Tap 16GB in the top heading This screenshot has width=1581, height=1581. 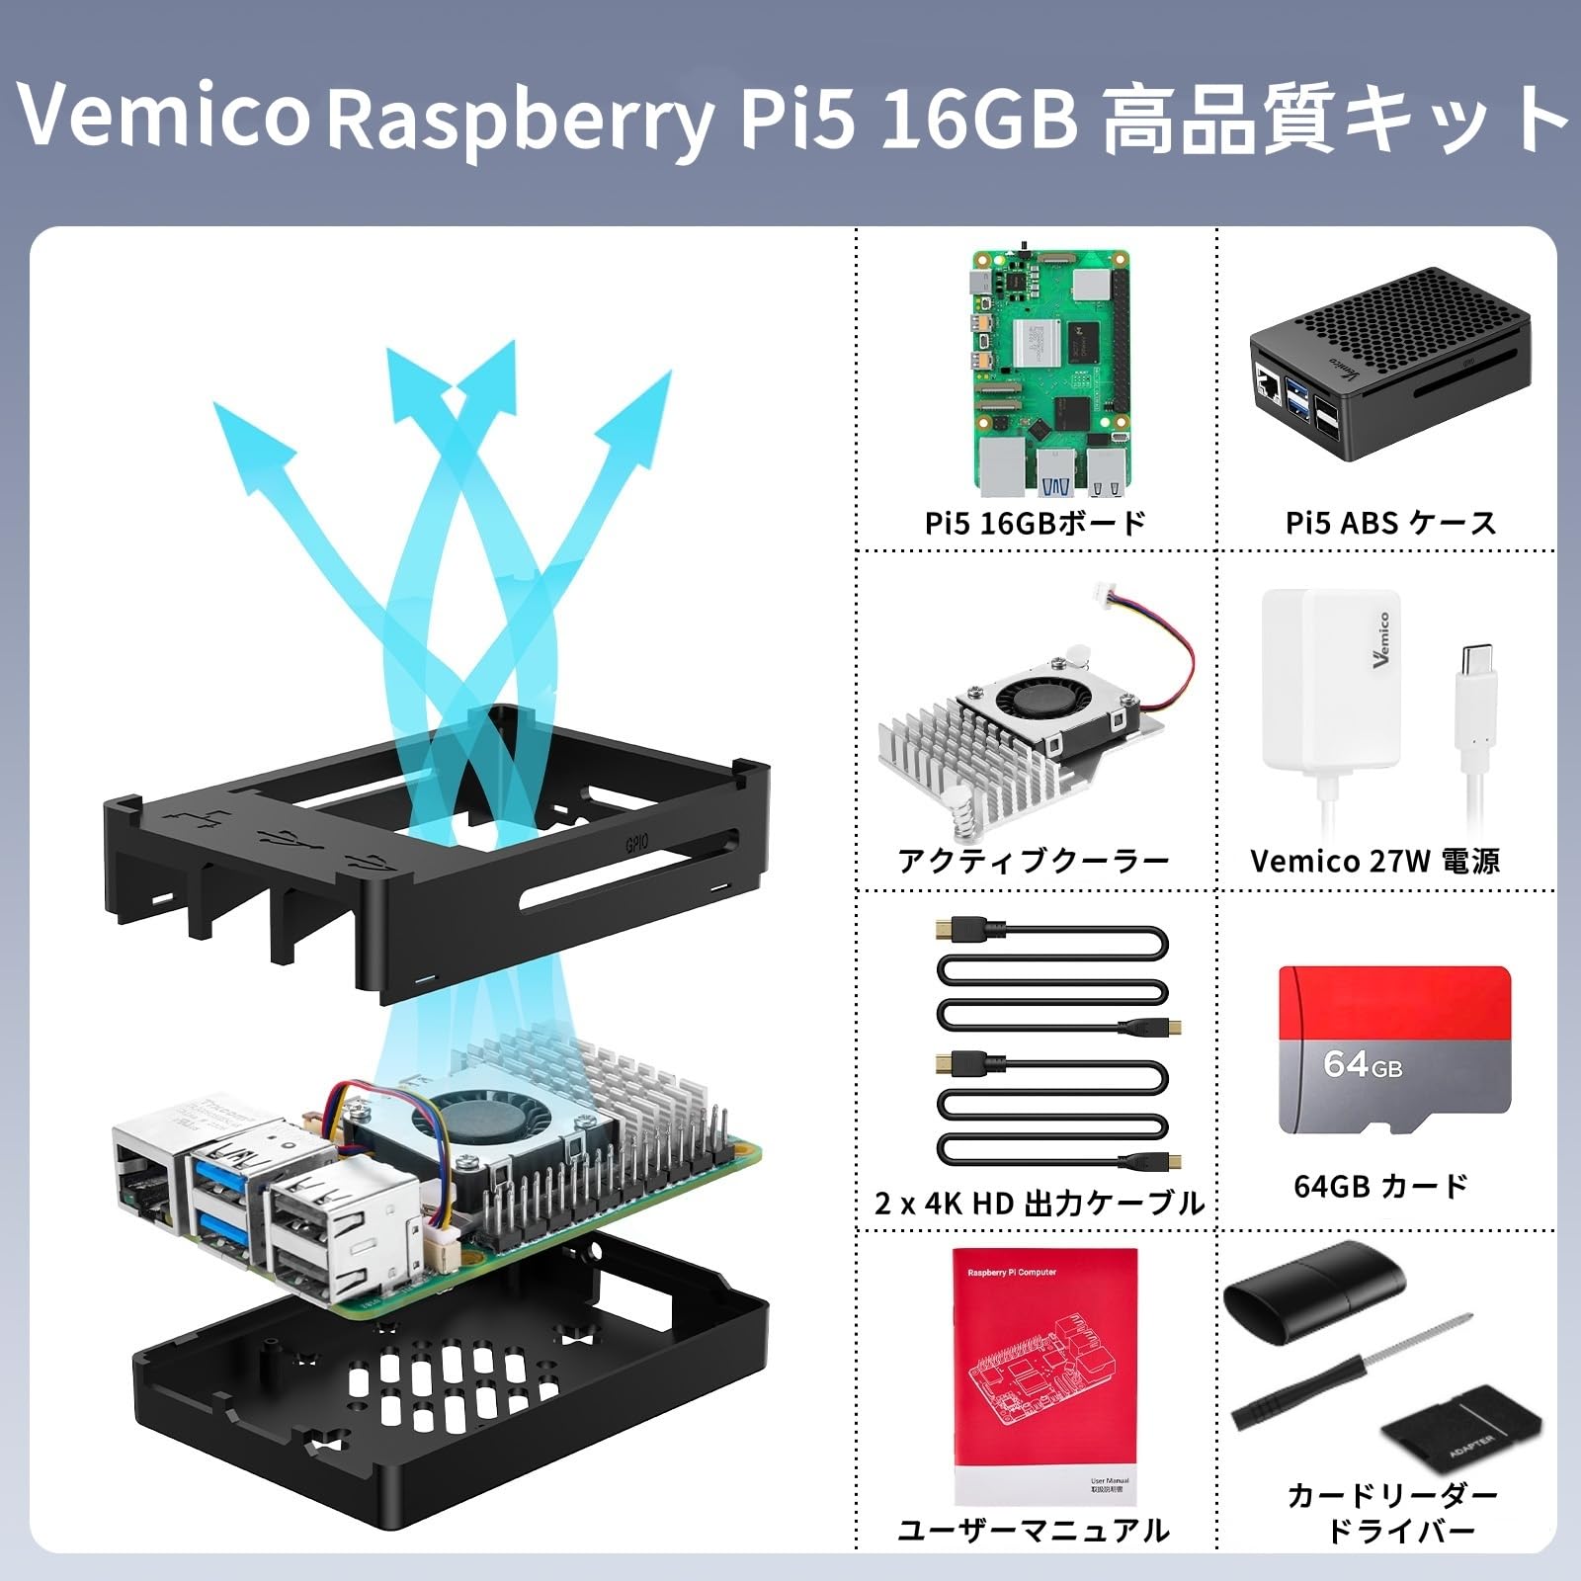pos(976,119)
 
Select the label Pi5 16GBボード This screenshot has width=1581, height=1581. pos(1035,523)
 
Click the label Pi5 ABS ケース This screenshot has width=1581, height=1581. pos(1390,523)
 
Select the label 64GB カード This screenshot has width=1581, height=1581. pos(1380,1185)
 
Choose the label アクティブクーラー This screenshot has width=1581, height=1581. pos(1034,861)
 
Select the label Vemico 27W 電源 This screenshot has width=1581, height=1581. pos(1374,861)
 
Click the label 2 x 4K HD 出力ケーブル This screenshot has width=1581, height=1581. pos(1039,1203)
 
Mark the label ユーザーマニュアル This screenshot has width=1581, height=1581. pos(1034,1531)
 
